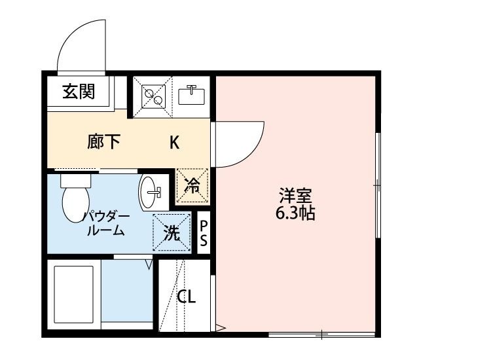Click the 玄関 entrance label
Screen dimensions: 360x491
(79, 92)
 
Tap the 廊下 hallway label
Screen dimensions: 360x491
(104, 142)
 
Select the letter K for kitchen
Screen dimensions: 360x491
(175, 142)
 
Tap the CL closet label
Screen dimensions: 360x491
(187, 297)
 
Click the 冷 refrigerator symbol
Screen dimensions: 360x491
(192, 186)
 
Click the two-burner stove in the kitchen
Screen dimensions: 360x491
(153, 96)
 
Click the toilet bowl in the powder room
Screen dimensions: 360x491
(74, 204)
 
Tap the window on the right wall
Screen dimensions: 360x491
(378, 187)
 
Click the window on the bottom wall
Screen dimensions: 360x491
(322, 336)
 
